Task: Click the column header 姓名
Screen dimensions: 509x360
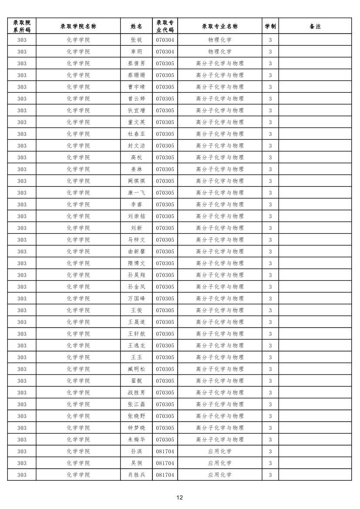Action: tap(136, 26)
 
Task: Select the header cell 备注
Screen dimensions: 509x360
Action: tap(315, 26)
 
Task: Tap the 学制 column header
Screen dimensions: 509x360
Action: tap(270, 26)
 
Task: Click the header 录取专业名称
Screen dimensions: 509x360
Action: tap(219, 26)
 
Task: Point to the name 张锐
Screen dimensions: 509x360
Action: tap(136, 40)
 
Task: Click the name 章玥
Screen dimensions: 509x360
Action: tap(136, 52)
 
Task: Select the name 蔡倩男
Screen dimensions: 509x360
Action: tap(136, 64)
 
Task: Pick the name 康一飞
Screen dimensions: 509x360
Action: tap(136, 193)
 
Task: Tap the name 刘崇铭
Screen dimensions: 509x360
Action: tap(136, 216)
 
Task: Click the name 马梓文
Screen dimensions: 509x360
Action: tap(136, 240)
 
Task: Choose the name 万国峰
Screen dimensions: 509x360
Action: tap(136, 299)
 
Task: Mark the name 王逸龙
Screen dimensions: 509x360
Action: tap(136, 346)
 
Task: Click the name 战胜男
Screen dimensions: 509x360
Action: tap(136, 393)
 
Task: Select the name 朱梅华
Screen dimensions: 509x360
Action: tap(136, 440)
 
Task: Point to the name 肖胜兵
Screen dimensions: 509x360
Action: tap(136, 475)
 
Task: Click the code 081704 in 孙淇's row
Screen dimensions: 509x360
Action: tap(165, 452)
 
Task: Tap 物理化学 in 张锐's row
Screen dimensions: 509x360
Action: tap(219, 40)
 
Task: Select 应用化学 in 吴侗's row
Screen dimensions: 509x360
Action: tap(219, 463)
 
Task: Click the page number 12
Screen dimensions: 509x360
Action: tap(180, 498)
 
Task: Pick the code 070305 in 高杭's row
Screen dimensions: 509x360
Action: tap(165, 158)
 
